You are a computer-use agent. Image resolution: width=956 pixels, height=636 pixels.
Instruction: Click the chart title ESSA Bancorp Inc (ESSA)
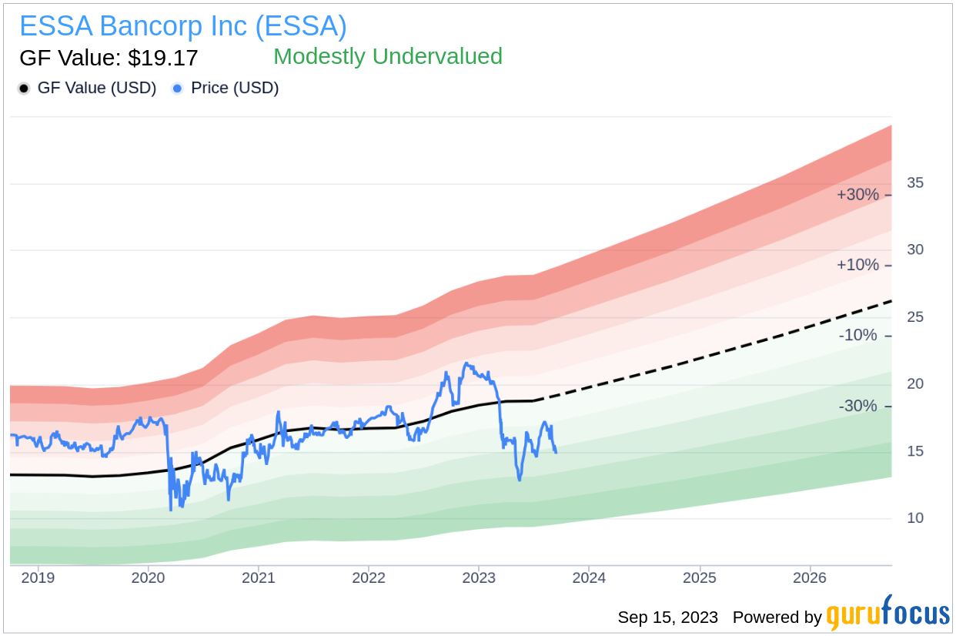183,26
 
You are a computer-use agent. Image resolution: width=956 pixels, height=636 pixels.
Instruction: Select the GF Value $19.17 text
109,58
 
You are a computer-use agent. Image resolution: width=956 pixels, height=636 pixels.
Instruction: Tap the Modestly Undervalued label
388,57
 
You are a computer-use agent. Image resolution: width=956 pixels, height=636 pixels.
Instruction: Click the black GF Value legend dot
24,89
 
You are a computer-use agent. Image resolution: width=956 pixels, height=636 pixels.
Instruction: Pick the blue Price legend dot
177,89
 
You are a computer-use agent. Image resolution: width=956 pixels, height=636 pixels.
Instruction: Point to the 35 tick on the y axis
915,183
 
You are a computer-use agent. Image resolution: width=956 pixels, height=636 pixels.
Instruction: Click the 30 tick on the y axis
915,249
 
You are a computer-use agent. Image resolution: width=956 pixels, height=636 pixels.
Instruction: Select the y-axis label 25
915,317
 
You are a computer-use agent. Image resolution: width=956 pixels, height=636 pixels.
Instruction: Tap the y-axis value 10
915,518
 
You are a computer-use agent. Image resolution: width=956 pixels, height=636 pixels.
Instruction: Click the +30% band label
857,195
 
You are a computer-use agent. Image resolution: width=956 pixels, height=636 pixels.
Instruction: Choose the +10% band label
857,265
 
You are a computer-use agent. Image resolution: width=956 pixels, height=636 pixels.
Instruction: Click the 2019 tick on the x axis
38,578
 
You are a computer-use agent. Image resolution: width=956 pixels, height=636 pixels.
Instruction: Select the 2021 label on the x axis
258,578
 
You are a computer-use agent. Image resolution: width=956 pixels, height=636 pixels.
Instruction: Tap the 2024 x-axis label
589,578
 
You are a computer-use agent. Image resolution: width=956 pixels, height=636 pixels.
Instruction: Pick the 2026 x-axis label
810,578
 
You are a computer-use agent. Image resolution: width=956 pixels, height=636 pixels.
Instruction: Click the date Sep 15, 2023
668,618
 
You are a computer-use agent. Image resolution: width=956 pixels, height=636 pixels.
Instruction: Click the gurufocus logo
888,613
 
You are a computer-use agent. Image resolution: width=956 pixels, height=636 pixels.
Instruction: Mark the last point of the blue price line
556,453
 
